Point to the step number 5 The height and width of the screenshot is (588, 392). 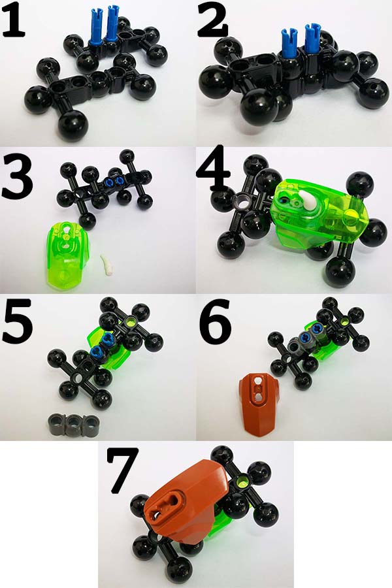point(17,321)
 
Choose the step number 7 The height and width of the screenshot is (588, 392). point(122,470)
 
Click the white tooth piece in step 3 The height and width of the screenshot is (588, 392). point(107,265)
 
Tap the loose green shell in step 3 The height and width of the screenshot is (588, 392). point(67,254)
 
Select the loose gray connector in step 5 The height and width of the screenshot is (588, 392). point(74,425)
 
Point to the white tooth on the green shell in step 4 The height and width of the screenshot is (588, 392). point(307,199)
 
